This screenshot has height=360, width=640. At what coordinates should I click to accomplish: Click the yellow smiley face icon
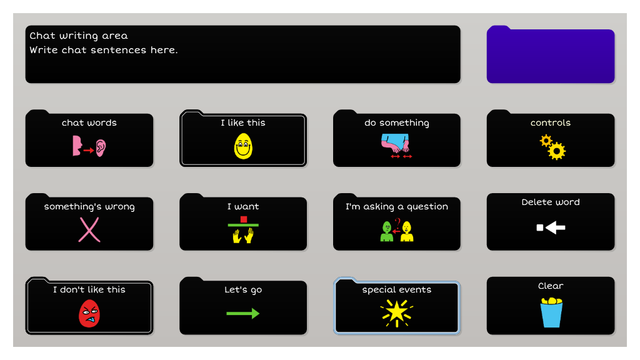[243, 147]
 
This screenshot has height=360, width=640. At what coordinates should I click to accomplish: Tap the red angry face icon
[89, 314]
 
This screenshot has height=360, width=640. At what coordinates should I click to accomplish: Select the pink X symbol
[89, 230]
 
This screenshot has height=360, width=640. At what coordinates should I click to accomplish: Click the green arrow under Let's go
[243, 314]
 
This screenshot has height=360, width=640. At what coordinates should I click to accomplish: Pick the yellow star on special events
[396, 313]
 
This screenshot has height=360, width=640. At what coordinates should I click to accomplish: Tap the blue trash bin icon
[551, 312]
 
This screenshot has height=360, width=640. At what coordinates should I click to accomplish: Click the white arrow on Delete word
[551, 227]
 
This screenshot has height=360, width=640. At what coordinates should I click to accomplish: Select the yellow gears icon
[552, 147]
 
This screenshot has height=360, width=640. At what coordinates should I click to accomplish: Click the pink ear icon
[101, 147]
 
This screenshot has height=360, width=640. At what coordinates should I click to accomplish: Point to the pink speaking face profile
[77, 146]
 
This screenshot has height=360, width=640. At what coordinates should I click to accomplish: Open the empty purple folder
[551, 54]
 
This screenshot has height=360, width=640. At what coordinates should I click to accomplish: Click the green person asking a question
[386, 231]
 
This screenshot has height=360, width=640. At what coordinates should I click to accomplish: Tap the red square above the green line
[244, 219]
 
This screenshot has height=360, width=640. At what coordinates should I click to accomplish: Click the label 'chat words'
[89, 122]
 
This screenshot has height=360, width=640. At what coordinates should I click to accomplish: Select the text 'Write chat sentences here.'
[104, 50]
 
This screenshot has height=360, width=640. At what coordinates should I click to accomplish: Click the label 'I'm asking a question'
[397, 206]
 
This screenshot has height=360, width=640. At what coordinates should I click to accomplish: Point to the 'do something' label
[397, 123]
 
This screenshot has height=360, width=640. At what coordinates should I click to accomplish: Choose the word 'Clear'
[551, 286]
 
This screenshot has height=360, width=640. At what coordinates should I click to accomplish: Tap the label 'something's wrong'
[89, 206]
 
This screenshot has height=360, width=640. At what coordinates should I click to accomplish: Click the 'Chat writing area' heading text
[79, 36]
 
